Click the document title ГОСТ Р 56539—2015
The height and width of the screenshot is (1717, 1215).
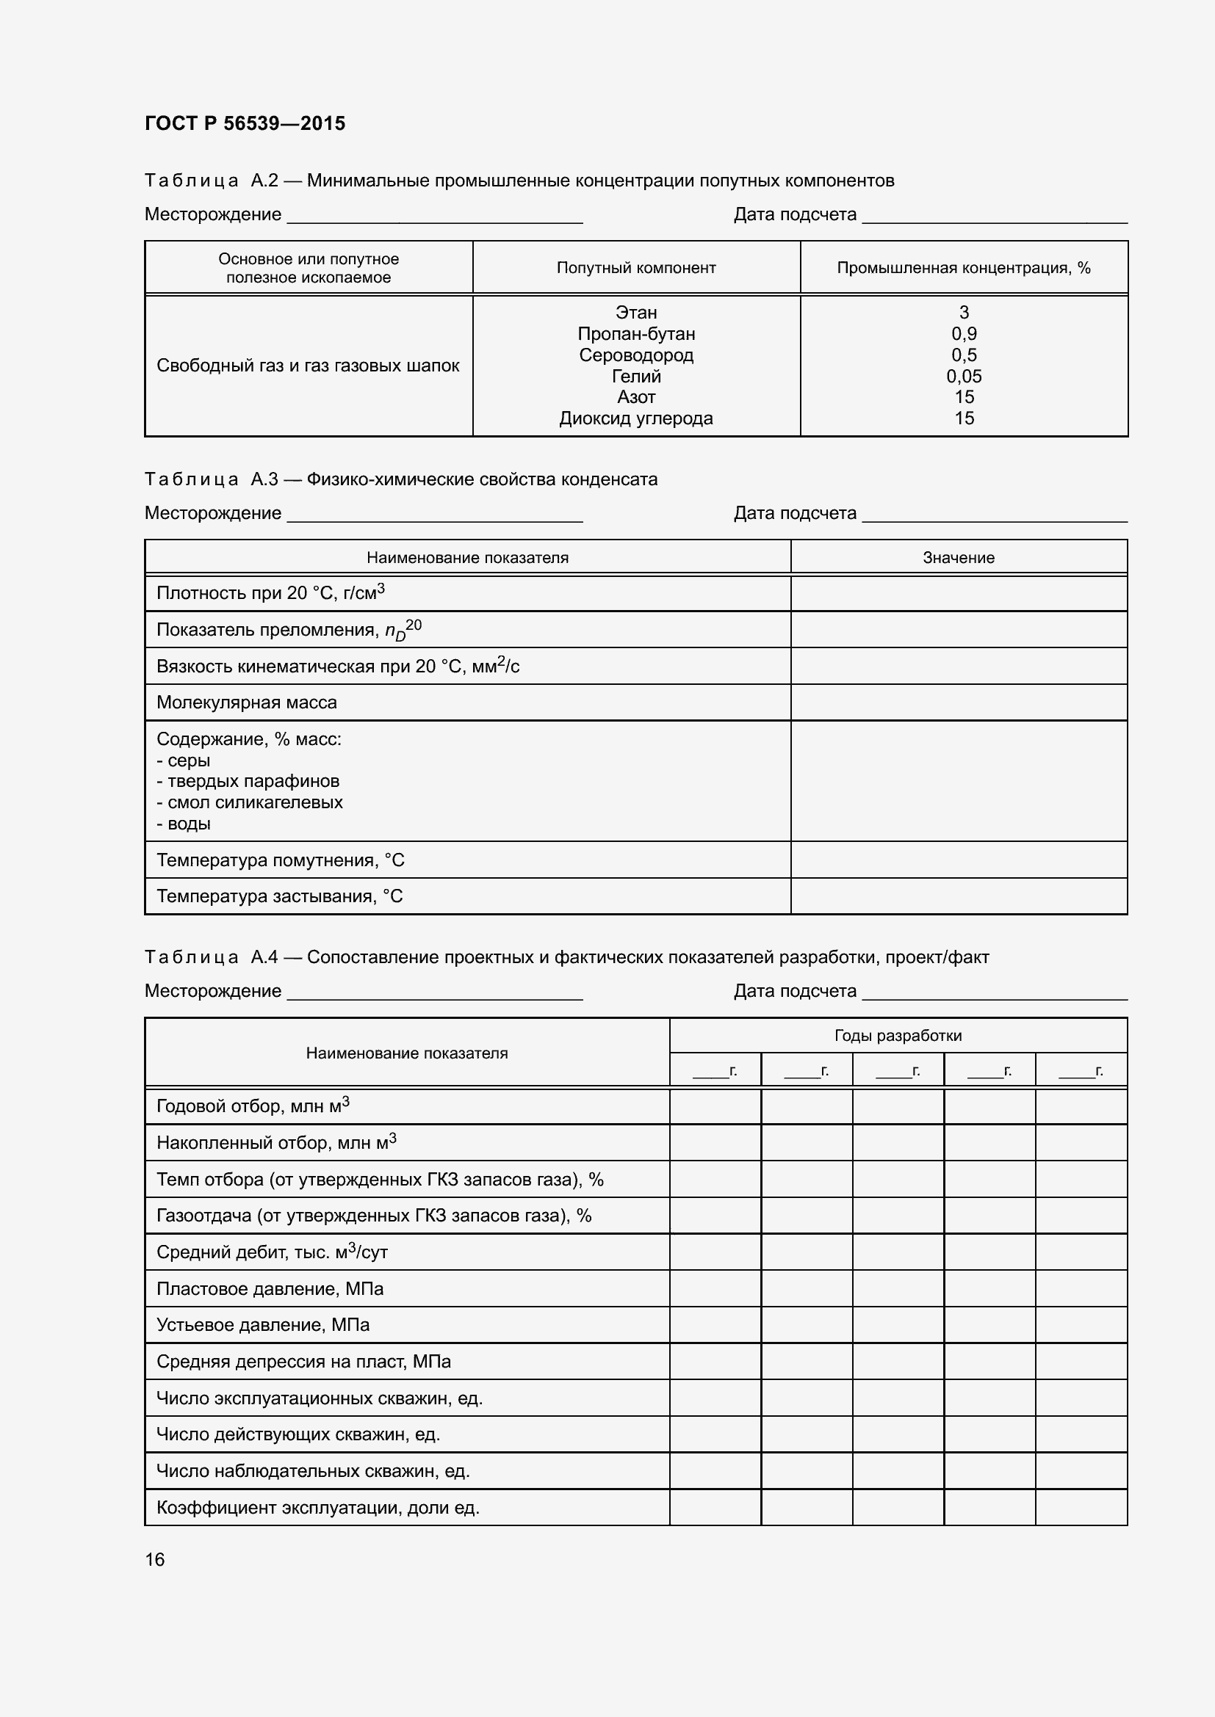(x=245, y=123)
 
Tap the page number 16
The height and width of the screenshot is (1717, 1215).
(x=155, y=1559)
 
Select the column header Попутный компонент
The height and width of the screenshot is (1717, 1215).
(x=636, y=268)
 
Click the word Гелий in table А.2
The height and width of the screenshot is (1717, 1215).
(x=636, y=376)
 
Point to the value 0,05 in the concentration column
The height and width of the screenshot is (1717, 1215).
(x=964, y=376)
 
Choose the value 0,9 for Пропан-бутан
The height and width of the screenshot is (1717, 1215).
(x=964, y=333)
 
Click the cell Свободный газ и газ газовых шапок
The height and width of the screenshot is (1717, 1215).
(x=308, y=366)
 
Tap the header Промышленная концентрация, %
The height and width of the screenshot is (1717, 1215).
(x=964, y=268)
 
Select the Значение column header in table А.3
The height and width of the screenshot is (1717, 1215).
(x=959, y=558)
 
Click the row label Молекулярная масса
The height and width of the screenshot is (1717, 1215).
(x=247, y=703)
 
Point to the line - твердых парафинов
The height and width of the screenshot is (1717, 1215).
(x=248, y=782)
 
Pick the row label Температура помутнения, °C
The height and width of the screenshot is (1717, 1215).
(x=281, y=861)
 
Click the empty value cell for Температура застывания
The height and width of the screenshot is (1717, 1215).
(x=959, y=896)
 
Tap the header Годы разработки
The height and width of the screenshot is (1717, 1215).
(x=898, y=1036)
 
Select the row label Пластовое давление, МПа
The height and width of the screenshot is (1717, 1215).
(x=270, y=1289)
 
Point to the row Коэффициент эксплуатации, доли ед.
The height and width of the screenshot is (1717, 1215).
(x=318, y=1508)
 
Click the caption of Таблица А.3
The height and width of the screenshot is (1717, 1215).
(x=401, y=479)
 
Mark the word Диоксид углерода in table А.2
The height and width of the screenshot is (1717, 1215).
(x=636, y=418)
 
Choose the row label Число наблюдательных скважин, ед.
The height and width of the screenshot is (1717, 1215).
(x=313, y=1471)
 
